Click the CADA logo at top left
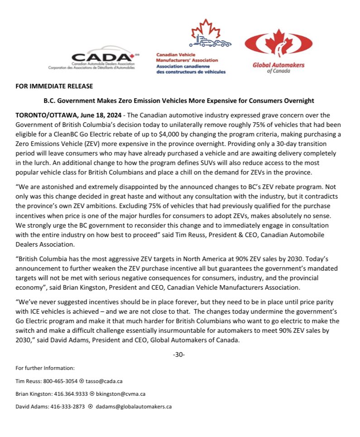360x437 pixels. tap(92, 58)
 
